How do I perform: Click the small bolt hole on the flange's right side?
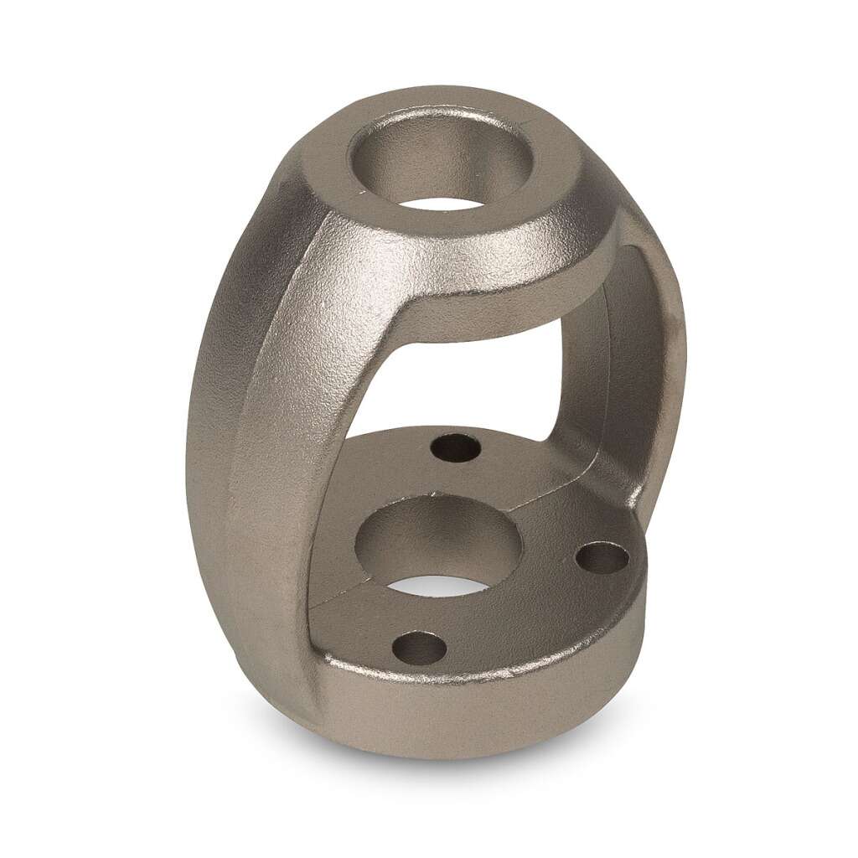602,558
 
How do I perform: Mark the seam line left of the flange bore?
331,597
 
